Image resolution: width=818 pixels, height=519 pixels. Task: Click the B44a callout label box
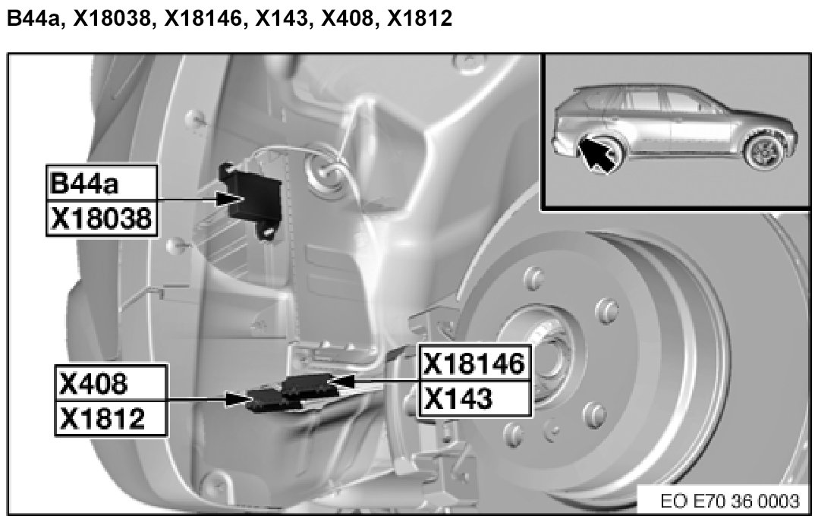[102, 183]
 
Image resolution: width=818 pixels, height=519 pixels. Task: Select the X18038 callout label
[102, 218]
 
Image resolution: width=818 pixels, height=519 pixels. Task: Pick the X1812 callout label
[111, 418]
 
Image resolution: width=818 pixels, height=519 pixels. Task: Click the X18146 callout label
[475, 363]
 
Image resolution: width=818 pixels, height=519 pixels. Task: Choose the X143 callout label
[475, 398]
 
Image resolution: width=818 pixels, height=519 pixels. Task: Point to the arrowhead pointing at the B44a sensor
[229, 200]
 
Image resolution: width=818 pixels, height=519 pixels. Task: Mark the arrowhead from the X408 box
[238, 400]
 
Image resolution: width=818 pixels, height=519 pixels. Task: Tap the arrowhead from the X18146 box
[341, 382]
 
